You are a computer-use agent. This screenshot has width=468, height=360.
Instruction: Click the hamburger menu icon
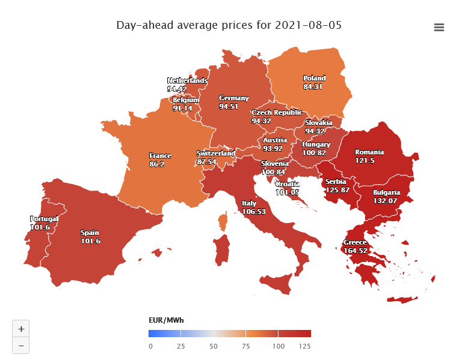[439, 27]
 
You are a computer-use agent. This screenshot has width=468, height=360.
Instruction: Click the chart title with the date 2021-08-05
[233, 26]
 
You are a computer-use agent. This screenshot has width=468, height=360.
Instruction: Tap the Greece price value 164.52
[355, 251]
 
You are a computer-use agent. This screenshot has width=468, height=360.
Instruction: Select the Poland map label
[314, 78]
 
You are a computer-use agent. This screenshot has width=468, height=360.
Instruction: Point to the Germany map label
[233, 98]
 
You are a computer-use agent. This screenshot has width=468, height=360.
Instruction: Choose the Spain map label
[90, 233]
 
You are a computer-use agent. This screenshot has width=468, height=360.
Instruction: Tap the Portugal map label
[44, 219]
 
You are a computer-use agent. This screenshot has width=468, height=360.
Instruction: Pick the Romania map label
[369, 152]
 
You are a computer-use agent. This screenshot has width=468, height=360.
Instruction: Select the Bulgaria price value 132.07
[386, 200]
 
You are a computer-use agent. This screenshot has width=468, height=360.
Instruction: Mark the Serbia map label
[336, 182]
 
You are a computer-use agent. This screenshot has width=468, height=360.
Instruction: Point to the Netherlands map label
[187, 81]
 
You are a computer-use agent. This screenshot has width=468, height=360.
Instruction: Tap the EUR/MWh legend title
[166, 320]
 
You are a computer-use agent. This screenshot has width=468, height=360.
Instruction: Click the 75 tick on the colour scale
[246, 346]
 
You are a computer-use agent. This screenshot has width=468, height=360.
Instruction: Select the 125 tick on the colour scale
[305, 346]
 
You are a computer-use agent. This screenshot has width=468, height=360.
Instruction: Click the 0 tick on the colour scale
[150, 346]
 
